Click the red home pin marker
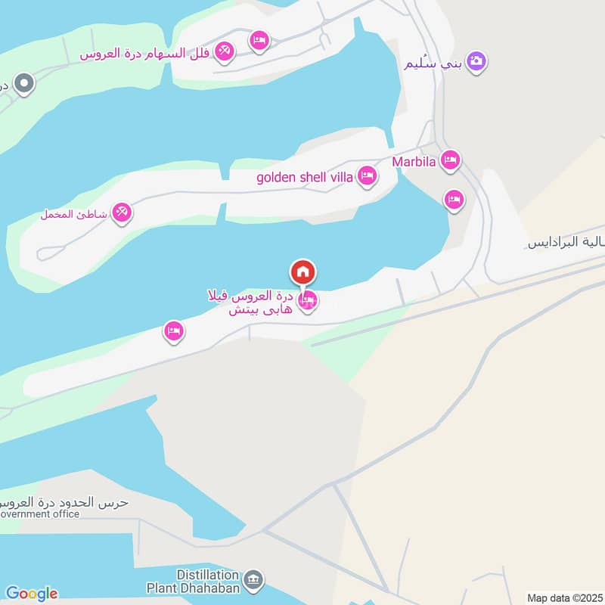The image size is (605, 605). pos(302,272)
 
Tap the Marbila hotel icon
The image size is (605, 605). pos(451,160)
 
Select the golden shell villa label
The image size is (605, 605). pos(305,178)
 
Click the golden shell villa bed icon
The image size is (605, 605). pos(367,176)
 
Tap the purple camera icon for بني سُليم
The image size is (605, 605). pos(476,60)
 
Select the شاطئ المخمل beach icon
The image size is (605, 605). pos(122,213)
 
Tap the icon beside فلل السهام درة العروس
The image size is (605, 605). pos(224,51)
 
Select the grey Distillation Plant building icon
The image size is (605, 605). pos(255,580)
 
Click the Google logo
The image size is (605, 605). pos(31,593)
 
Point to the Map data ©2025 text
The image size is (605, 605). pos(564,597)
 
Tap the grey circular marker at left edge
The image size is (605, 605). pos(24,84)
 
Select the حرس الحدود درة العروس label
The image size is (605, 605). pos(64,502)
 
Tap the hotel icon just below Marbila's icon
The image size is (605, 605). pos(454,200)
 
